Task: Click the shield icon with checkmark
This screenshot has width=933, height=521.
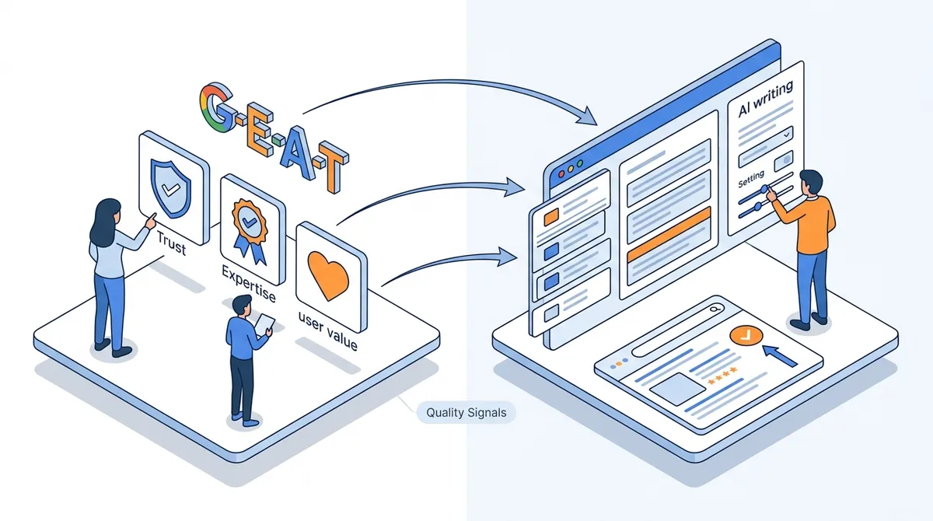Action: pos(170,188)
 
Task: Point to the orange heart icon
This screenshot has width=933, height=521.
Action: pos(328,275)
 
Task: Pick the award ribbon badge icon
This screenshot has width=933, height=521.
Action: pos(250,230)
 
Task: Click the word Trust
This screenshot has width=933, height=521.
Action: pos(171,243)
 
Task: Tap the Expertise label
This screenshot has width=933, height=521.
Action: pos(249,284)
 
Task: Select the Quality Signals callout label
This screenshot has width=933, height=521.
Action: pos(466,412)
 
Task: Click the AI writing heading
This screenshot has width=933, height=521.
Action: pos(765,99)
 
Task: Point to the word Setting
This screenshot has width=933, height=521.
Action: pos(751,179)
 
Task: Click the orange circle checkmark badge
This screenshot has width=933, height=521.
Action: pos(746,335)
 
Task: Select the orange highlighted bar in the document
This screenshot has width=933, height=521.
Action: pos(669,234)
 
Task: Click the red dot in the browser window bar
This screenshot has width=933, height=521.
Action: pos(561,174)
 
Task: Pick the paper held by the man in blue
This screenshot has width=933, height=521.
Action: pos(265,324)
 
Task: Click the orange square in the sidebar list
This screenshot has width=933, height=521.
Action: pos(551,217)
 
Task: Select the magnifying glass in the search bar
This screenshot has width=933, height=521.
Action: pos(715,309)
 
